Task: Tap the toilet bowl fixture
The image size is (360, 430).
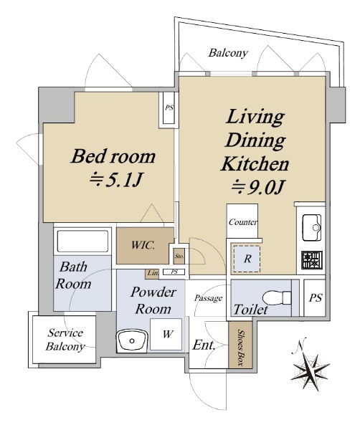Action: [277, 297]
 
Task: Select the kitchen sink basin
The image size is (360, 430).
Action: [311, 228]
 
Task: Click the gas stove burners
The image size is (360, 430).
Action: [312, 260]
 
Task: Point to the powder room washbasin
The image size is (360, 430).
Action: [132, 340]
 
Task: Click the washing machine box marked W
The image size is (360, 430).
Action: [166, 334]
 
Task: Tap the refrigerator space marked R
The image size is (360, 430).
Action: [247, 259]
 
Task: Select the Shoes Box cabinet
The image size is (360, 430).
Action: [240, 345]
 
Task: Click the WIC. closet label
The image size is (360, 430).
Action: [143, 245]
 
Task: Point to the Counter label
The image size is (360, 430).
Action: [243, 222]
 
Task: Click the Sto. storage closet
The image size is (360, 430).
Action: [179, 257]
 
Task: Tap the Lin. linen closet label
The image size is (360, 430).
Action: [153, 273]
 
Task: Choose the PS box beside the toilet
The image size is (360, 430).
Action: [315, 298]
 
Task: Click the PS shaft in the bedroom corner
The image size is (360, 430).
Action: [169, 107]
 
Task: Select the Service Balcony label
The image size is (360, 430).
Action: [65, 340]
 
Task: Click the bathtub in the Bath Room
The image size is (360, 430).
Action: [82, 241]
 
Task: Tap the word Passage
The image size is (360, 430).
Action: [208, 298]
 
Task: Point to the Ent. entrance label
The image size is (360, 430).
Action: [204, 345]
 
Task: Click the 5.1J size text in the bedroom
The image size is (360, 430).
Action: [115, 180]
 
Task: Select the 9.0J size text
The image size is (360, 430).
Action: [257, 187]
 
